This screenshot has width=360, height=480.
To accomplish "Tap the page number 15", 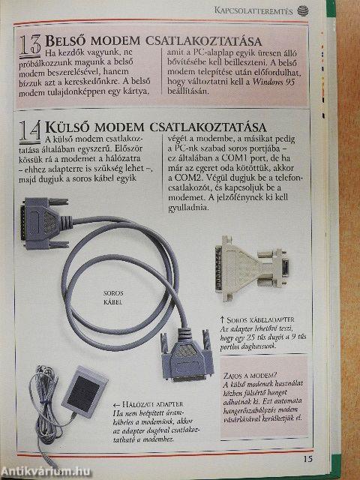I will click(x=307, y=458).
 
